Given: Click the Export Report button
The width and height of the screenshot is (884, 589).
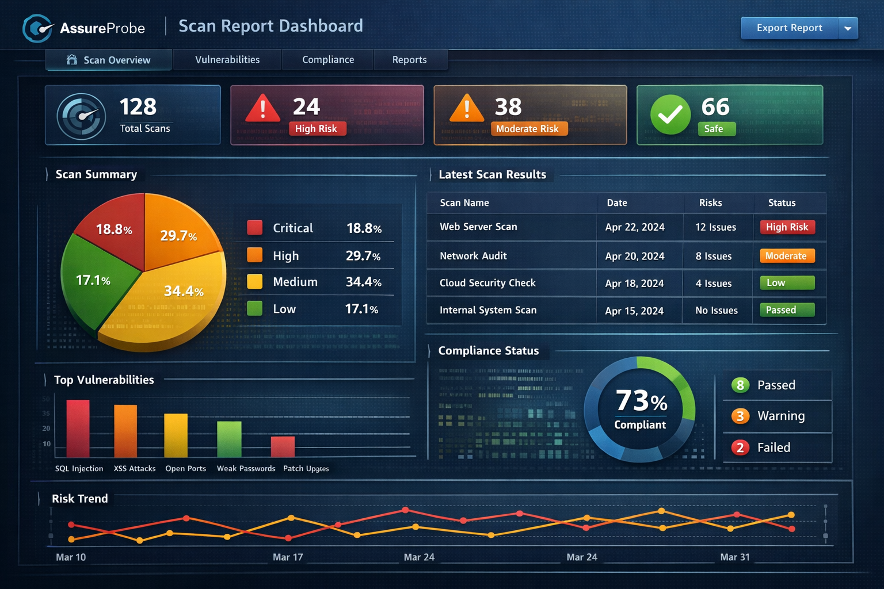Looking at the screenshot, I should [789, 28].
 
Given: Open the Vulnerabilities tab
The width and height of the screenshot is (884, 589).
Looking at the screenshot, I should [227, 60].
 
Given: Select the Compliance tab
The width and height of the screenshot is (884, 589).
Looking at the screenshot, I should [328, 60].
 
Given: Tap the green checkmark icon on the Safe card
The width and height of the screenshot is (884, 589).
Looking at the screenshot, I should [670, 114].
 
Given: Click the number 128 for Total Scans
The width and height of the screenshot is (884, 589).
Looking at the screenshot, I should [138, 107].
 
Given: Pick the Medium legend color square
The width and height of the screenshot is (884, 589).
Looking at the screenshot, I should [254, 281].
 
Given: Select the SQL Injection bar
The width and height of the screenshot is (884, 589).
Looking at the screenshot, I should [78, 429].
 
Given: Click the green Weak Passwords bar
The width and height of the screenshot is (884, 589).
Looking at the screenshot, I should [229, 439].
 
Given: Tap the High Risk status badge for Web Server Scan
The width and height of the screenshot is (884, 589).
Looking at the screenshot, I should [787, 227].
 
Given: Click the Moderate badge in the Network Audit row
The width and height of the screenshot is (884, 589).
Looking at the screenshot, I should [787, 256].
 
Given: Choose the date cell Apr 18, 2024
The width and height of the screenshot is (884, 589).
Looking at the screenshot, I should [634, 284].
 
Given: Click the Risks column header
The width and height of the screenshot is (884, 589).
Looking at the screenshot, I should [710, 202].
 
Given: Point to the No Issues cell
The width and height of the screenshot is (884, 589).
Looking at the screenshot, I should [716, 311].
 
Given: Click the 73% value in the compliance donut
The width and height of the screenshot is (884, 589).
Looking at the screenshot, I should [641, 401].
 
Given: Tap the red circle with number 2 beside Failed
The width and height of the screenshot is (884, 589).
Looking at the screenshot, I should [740, 448].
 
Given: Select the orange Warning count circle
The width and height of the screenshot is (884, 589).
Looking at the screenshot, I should [740, 416].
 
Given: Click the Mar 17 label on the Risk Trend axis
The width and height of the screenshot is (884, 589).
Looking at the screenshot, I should [288, 557].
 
